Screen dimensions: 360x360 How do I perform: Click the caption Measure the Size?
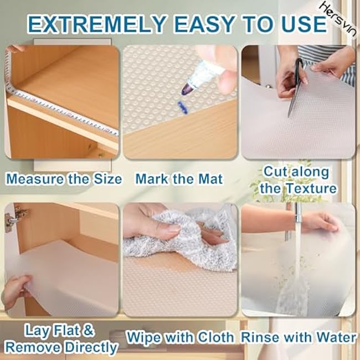pyautogui.click(x=63, y=179)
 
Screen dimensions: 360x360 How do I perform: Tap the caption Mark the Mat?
pyautogui.click(x=179, y=179)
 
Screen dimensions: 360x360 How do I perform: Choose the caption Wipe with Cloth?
pyautogui.click(x=180, y=337)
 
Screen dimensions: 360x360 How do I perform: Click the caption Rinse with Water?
pyautogui.click(x=298, y=337)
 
